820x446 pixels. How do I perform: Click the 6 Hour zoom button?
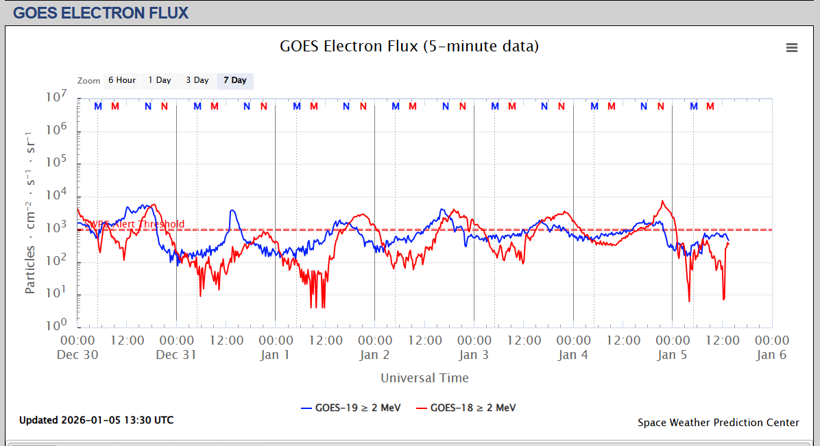click(x=122, y=80)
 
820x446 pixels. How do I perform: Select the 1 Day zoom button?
click(x=160, y=80)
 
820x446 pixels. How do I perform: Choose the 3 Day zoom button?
click(x=197, y=80)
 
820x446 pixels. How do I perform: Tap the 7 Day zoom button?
click(x=235, y=80)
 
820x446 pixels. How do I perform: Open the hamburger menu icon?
click(x=792, y=47)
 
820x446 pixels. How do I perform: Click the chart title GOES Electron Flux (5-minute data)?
click(x=409, y=47)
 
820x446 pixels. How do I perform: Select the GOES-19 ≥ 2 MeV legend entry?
click(x=350, y=408)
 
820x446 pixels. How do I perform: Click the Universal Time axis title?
click(x=424, y=378)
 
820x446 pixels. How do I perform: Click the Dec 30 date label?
click(x=78, y=355)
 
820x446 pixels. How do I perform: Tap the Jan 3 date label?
click(x=474, y=355)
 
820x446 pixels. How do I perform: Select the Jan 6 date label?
click(x=771, y=355)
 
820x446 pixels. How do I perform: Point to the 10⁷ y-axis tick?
click(x=56, y=98)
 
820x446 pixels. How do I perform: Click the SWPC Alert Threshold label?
click(x=134, y=224)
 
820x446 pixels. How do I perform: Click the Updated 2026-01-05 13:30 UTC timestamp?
click(x=96, y=420)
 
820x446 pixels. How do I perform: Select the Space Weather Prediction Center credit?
click(x=718, y=423)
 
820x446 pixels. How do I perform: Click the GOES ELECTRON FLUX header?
click(x=101, y=12)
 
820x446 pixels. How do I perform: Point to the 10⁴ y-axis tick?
click(x=56, y=195)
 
